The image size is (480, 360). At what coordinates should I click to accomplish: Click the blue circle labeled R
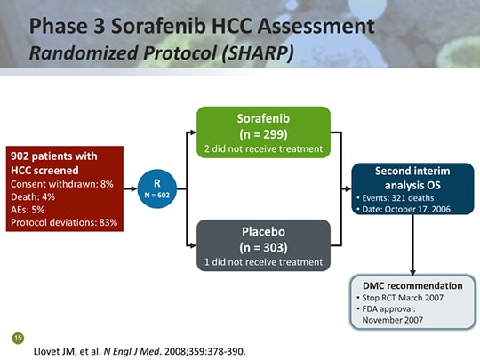click(x=157, y=188)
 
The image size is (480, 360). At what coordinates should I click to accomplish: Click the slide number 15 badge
click(x=17, y=338)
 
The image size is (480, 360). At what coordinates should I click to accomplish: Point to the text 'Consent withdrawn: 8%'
click(x=61, y=183)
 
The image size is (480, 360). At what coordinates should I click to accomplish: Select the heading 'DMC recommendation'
click(x=412, y=285)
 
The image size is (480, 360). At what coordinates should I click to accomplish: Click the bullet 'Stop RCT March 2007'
click(x=405, y=297)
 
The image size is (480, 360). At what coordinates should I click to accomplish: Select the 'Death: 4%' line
click(x=36, y=196)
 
